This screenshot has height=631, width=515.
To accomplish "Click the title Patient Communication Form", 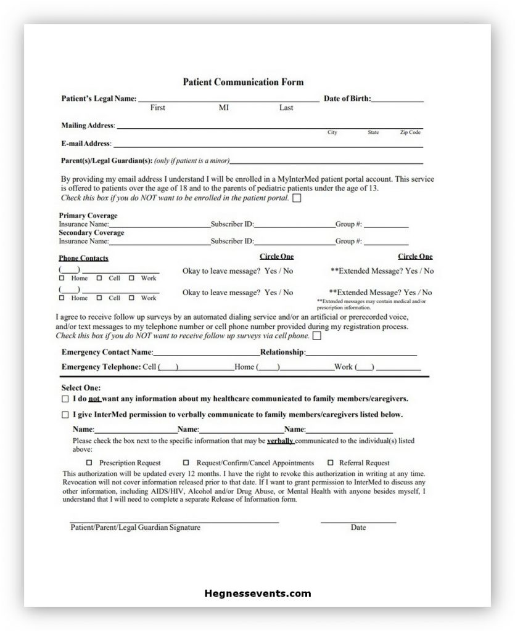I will [243, 82].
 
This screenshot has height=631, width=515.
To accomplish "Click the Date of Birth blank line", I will [397, 100].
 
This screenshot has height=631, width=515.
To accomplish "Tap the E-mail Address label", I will [86, 144].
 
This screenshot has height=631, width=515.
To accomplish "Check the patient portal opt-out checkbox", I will [297, 198].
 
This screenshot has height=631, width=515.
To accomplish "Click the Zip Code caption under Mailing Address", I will [410, 132].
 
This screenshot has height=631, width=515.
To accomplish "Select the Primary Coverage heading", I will [88, 216].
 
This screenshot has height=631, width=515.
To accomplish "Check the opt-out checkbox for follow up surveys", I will [317, 336].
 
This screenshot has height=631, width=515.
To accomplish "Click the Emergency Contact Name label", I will [107, 352].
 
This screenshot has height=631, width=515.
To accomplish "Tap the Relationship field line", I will [361, 355].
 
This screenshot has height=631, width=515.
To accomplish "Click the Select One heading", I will [80, 388].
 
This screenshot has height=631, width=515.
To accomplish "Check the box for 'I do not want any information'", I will [65, 399].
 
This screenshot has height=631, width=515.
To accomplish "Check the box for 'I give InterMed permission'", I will [65, 415].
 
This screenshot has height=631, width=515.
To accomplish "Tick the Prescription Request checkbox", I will [89, 463].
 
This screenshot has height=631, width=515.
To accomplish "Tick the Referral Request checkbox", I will [331, 463].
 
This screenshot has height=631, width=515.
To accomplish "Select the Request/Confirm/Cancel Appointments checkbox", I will [186, 463].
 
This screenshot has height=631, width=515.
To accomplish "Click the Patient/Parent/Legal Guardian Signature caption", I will [135, 527].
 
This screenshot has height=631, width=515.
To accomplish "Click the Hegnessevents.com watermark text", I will [258, 594].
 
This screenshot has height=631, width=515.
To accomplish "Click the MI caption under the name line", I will [223, 108].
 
